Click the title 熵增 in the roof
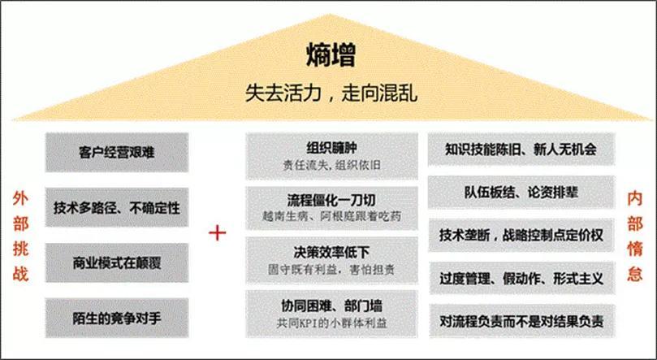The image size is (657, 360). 331,55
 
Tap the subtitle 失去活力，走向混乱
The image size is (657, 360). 331,93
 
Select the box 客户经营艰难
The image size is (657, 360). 117,152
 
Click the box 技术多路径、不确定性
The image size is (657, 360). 117,207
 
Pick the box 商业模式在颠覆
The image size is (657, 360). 117,262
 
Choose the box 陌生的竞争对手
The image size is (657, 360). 117,318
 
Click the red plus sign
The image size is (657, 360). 218,233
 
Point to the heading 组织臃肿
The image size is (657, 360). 331,148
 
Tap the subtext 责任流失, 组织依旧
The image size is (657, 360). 331,165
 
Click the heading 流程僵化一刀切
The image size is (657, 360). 331,201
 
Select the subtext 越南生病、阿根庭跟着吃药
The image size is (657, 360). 331,216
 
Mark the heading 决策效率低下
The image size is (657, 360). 331,252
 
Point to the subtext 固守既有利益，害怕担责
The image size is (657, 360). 331,270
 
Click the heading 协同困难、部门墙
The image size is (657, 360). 331,306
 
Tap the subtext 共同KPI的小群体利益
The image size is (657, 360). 331,323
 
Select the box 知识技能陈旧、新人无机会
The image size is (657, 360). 521,150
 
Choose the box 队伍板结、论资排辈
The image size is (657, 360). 521,193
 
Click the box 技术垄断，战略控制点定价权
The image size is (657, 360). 521,236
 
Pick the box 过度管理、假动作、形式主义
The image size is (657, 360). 521,278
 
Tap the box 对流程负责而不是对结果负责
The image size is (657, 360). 521,322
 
